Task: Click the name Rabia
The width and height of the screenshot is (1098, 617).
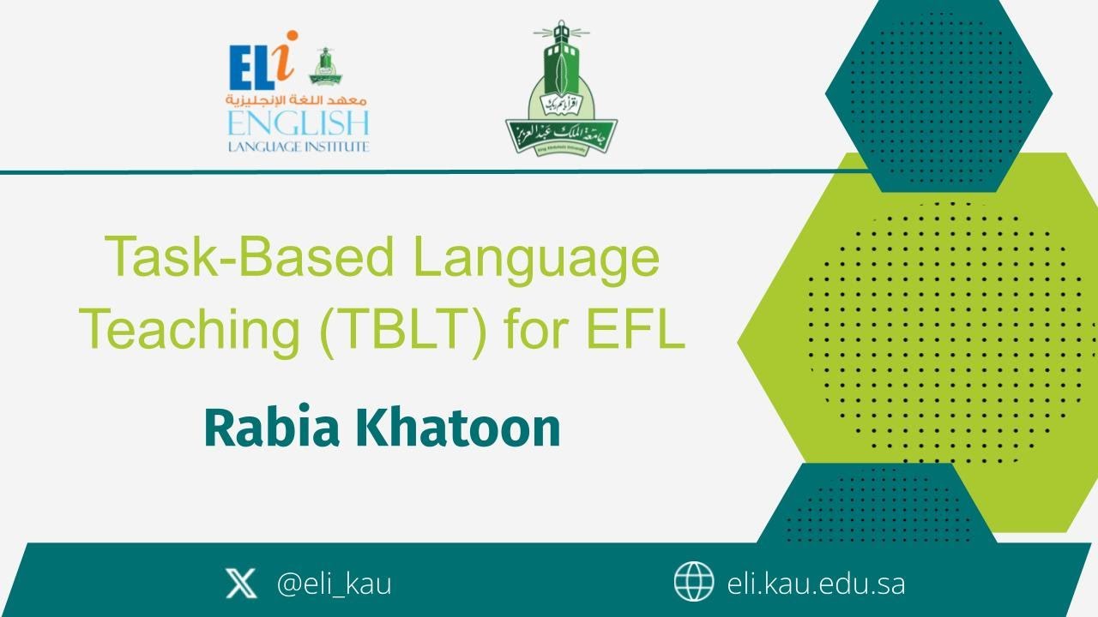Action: coord(270,428)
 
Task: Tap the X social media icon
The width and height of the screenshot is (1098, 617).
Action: coord(240,584)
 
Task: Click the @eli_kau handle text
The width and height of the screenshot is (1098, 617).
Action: coord(334,584)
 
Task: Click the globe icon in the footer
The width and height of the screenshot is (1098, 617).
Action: coord(693,583)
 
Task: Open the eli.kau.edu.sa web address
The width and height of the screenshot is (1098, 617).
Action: coord(816,584)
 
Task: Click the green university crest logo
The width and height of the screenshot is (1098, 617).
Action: coord(561,94)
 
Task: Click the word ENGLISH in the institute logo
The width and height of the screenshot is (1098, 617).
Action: coord(298,123)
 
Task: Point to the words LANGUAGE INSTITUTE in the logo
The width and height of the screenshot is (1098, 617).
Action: coord(298,147)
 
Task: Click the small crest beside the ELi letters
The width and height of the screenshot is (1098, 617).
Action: coord(325,66)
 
